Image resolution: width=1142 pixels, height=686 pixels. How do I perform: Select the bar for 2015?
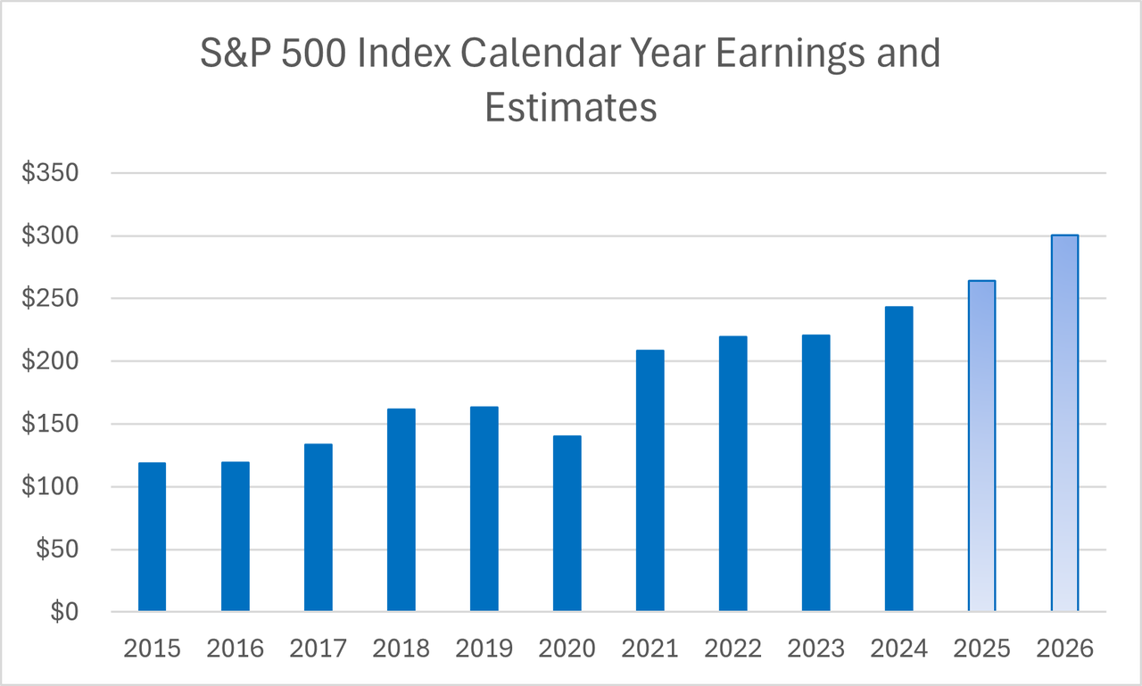click(152, 537)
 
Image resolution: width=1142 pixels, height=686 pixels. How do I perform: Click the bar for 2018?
click(401, 510)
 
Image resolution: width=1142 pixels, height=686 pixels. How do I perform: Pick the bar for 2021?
click(650, 481)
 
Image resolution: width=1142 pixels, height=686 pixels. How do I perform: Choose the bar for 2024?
click(898, 459)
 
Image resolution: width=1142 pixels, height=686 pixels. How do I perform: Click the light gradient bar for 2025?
click(981, 446)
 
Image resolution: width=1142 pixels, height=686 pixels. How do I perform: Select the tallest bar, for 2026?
click(1064, 424)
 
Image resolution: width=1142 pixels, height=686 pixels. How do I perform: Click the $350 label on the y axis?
click(51, 173)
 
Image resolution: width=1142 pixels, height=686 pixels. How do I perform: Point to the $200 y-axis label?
click(51, 361)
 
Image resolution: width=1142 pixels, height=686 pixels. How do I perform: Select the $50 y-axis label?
click(57, 550)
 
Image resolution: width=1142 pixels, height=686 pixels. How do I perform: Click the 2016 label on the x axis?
click(235, 649)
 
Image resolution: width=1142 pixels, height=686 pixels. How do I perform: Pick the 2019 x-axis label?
click(484, 649)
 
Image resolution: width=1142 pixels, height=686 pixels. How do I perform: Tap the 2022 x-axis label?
click(732, 649)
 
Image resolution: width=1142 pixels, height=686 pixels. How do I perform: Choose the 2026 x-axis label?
click(1064, 649)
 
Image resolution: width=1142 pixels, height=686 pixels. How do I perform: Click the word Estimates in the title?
click(571, 107)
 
